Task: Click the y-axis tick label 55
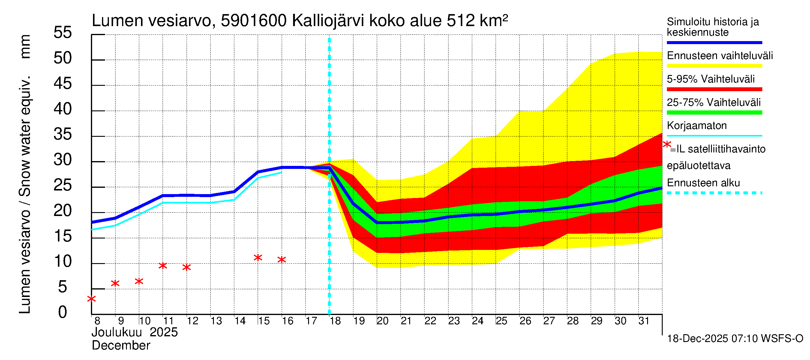tap(63, 33)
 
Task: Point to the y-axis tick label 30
tap(63, 160)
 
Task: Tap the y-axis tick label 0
tap(63, 313)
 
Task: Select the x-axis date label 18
tap(335, 321)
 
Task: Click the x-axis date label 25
tap(502, 321)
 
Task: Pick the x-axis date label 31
tap(644, 321)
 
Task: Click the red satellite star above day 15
tap(258, 258)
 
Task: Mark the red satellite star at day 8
tap(91, 299)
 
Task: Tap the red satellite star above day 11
tap(163, 266)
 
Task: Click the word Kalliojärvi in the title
tap(328, 21)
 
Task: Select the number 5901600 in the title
tap(253, 21)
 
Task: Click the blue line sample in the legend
tap(714, 42)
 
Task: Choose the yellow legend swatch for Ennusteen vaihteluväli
tap(714, 66)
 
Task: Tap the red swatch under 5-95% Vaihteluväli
tap(714, 89)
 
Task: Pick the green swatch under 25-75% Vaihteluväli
tap(714, 112)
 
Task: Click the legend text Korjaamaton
tap(697, 126)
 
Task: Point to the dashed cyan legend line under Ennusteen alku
tap(714, 193)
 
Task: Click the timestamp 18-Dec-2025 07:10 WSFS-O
tap(735, 339)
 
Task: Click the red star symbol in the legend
tap(667, 145)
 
